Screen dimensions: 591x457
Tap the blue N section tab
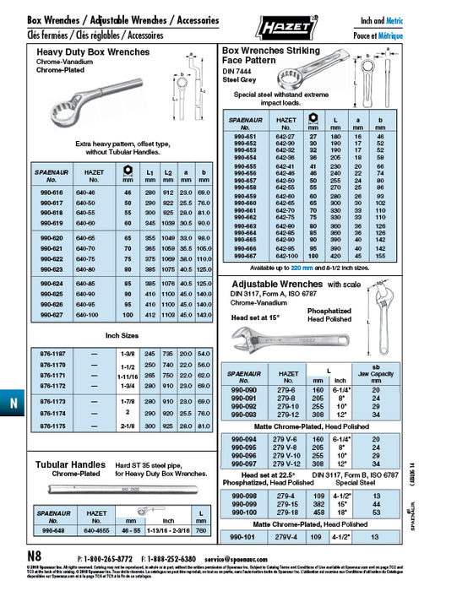click(x=13, y=404)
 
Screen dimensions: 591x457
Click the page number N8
click(x=33, y=558)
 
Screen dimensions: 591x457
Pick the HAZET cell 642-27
click(x=286, y=135)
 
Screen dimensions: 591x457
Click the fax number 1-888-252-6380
click(x=173, y=559)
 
